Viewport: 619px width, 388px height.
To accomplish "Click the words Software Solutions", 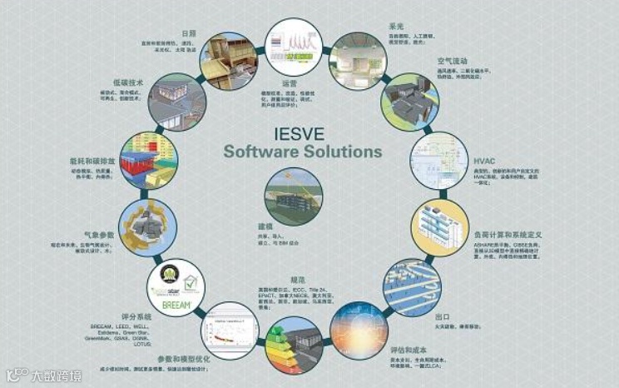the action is [x=304, y=152].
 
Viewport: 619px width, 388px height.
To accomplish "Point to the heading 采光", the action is [x=397, y=26].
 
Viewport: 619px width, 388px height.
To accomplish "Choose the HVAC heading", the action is [x=483, y=161].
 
